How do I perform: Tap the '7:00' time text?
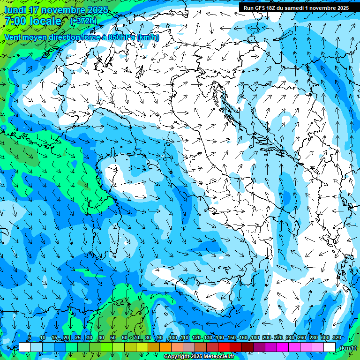pyautogui.click(x=15, y=21)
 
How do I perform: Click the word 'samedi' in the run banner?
pyautogui.click(x=295, y=8)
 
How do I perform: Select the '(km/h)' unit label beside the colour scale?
pyautogui.click(x=347, y=347)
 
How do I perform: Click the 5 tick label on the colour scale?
pyautogui.click(x=30, y=338)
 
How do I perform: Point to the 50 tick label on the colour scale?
pyautogui.click(x=113, y=338)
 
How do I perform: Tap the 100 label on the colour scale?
pyautogui.click(x=173, y=338)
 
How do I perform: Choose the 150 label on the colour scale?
pyautogui.click(x=232, y=338)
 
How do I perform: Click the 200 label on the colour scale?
pyautogui.click(x=267, y=338)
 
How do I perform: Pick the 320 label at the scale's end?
pyautogui.click(x=337, y=338)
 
